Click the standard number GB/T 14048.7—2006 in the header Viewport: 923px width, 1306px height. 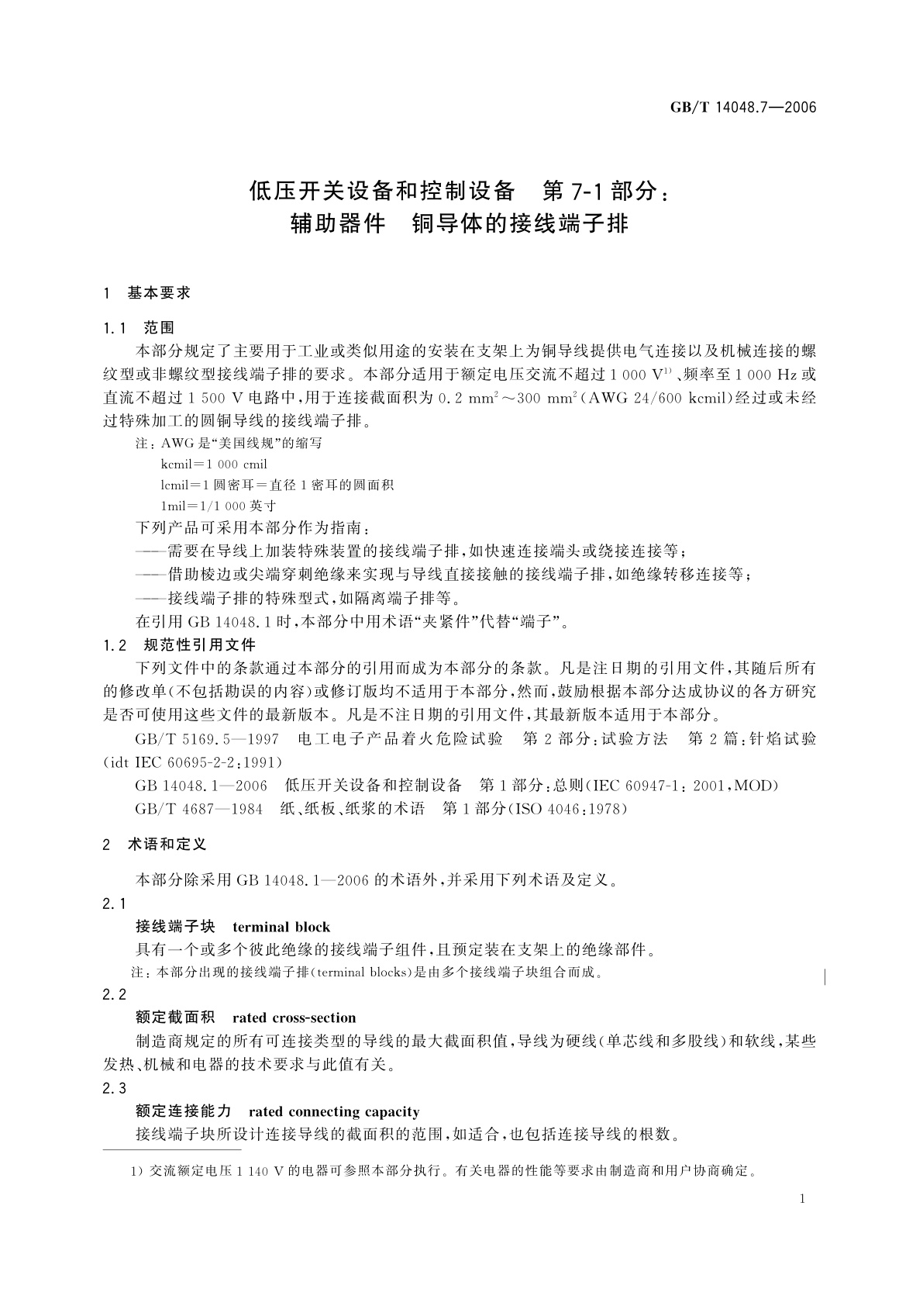743,108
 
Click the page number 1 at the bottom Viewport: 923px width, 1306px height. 802,1199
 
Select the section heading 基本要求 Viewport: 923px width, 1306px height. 158,293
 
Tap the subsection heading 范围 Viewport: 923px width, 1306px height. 159,327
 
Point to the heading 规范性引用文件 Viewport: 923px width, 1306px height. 200,644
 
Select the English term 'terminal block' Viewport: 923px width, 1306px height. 281,927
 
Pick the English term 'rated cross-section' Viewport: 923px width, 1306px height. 294,1018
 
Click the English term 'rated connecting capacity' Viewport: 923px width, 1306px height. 334,1111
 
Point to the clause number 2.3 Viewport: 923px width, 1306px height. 114,1088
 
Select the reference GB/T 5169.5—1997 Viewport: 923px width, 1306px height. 206,738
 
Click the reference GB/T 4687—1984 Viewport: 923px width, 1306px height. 198,809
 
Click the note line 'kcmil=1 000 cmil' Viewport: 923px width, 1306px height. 214,465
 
